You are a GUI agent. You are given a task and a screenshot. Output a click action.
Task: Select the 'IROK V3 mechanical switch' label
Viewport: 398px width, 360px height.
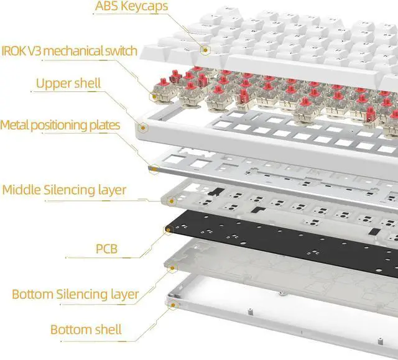(69, 50)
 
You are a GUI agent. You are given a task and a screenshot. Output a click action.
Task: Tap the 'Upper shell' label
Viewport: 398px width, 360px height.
(68, 83)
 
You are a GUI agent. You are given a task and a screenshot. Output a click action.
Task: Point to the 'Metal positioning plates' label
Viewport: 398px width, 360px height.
(60, 125)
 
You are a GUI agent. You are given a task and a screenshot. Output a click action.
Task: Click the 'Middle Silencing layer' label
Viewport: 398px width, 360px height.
(64, 190)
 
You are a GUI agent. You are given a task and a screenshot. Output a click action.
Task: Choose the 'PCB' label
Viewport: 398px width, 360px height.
(106, 250)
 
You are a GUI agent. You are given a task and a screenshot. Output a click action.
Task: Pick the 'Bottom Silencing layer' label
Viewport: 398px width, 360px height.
(75, 293)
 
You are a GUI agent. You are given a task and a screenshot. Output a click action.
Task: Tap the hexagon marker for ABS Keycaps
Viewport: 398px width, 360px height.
(205, 48)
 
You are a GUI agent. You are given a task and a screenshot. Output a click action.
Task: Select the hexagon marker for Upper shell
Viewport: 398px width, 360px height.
(144, 127)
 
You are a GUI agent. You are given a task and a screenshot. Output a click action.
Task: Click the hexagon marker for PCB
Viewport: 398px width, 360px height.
(167, 231)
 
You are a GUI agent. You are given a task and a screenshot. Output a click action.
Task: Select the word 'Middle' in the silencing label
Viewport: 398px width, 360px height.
(22, 190)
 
